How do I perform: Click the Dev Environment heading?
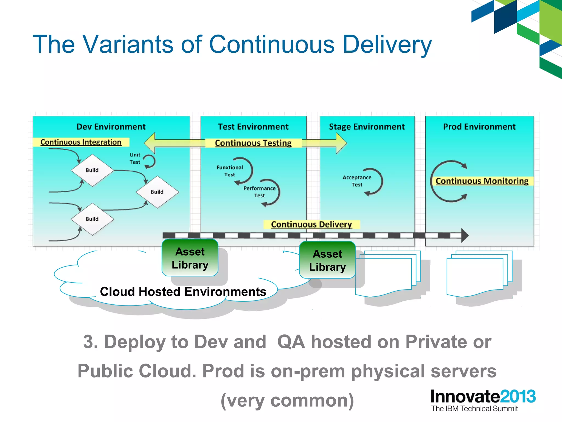click(111, 127)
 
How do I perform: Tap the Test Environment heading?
click(253, 127)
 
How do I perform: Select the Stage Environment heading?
click(367, 127)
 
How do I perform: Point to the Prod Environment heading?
click(479, 127)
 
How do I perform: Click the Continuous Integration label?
click(81, 142)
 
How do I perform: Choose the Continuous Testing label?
click(253, 143)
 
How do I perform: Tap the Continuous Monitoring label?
click(482, 181)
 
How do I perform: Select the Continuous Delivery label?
click(311, 224)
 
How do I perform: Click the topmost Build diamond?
click(92, 170)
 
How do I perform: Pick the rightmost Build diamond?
click(157, 192)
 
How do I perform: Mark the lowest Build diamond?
click(92, 219)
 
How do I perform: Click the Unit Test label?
click(135, 159)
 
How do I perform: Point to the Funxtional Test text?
click(230, 171)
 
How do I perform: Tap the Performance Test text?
click(259, 192)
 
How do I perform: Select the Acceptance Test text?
click(357, 181)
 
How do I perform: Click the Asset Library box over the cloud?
click(190, 258)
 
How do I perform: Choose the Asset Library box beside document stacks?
click(327, 260)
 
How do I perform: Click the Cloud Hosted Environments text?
click(183, 291)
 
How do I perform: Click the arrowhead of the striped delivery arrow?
click(464, 235)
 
